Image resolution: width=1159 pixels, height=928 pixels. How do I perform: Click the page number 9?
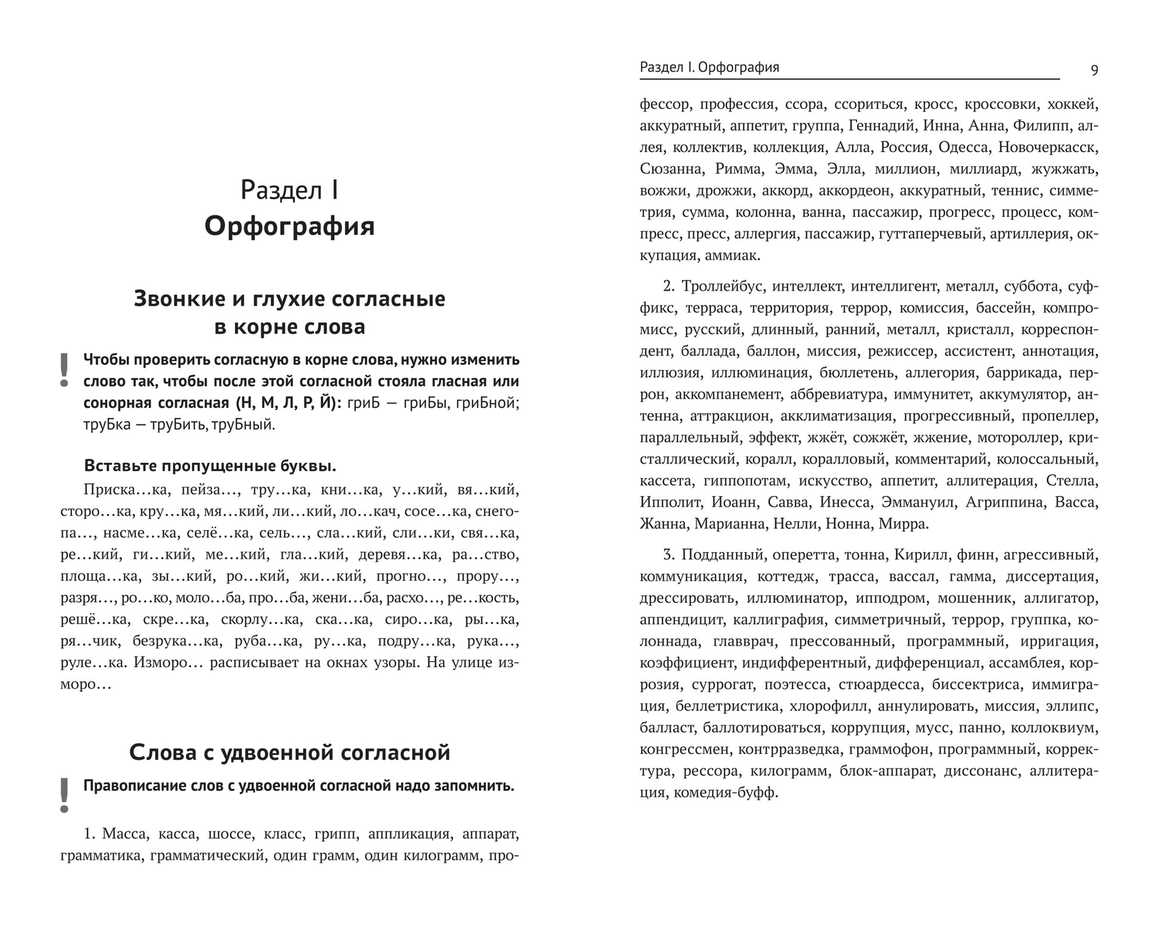coord(1094,70)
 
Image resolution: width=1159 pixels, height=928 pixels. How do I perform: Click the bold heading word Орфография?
coord(289,227)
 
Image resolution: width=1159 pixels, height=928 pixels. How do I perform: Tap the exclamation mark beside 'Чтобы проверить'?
coord(64,370)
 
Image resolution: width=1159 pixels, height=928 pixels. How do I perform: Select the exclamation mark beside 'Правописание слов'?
coord(64,796)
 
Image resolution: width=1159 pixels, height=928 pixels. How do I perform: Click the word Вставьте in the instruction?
coord(121,465)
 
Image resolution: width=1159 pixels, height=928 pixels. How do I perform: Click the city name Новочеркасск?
coord(1048,147)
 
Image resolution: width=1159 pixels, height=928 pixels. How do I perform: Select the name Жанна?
coord(662,524)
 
